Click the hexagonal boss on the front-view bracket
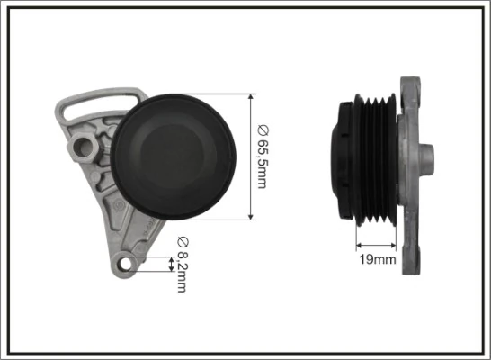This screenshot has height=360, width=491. (x=87, y=143)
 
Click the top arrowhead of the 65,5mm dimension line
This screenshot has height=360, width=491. (x=249, y=97)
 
